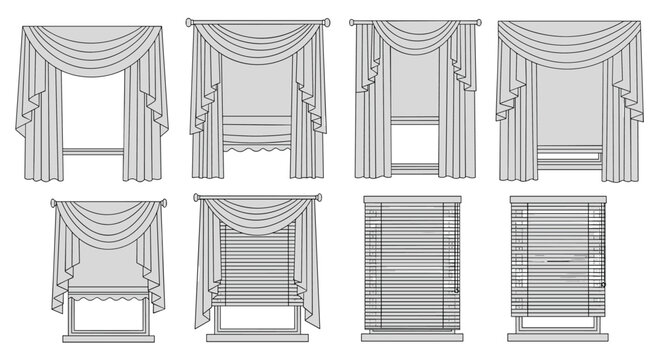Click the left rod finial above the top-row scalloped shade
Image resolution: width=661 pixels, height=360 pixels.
click(x=188, y=21)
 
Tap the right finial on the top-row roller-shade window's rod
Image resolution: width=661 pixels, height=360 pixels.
click(x=477, y=22)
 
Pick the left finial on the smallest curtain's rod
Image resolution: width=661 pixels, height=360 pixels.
click(x=52, y=203)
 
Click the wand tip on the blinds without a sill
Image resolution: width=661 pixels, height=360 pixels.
click(x=455, y=291)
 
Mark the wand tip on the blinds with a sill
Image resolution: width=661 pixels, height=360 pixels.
click(x=603, y=285)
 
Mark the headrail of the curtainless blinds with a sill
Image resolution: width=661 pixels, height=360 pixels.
click(x=559, y=199)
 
